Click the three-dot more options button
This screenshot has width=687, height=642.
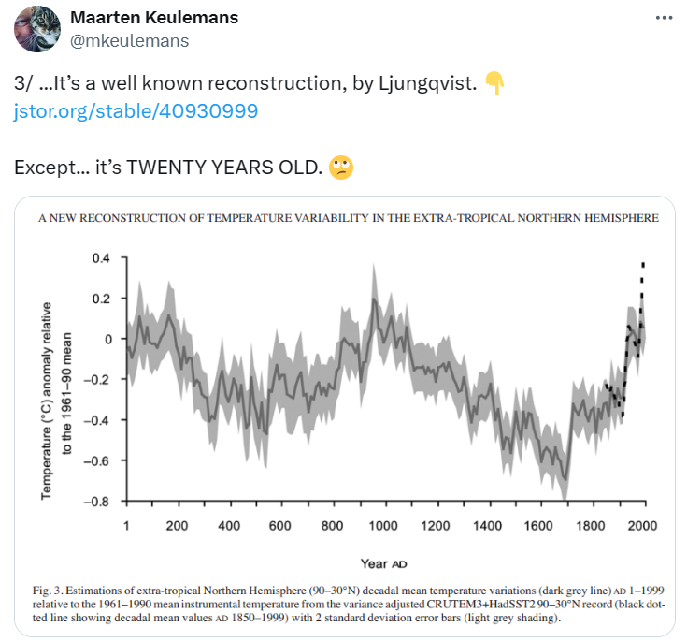point(663,19)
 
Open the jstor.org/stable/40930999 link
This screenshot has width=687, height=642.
point(136,111)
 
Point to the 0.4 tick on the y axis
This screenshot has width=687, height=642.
point(99,258)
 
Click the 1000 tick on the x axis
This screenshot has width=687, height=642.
point(383,526)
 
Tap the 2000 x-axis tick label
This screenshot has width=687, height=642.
point(641,526)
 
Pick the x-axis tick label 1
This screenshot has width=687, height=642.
point(125,526)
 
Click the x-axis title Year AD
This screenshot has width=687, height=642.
point(383,563)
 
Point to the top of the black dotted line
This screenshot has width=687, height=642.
point(642,265)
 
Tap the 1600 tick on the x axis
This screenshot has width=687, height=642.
point(537,526)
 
